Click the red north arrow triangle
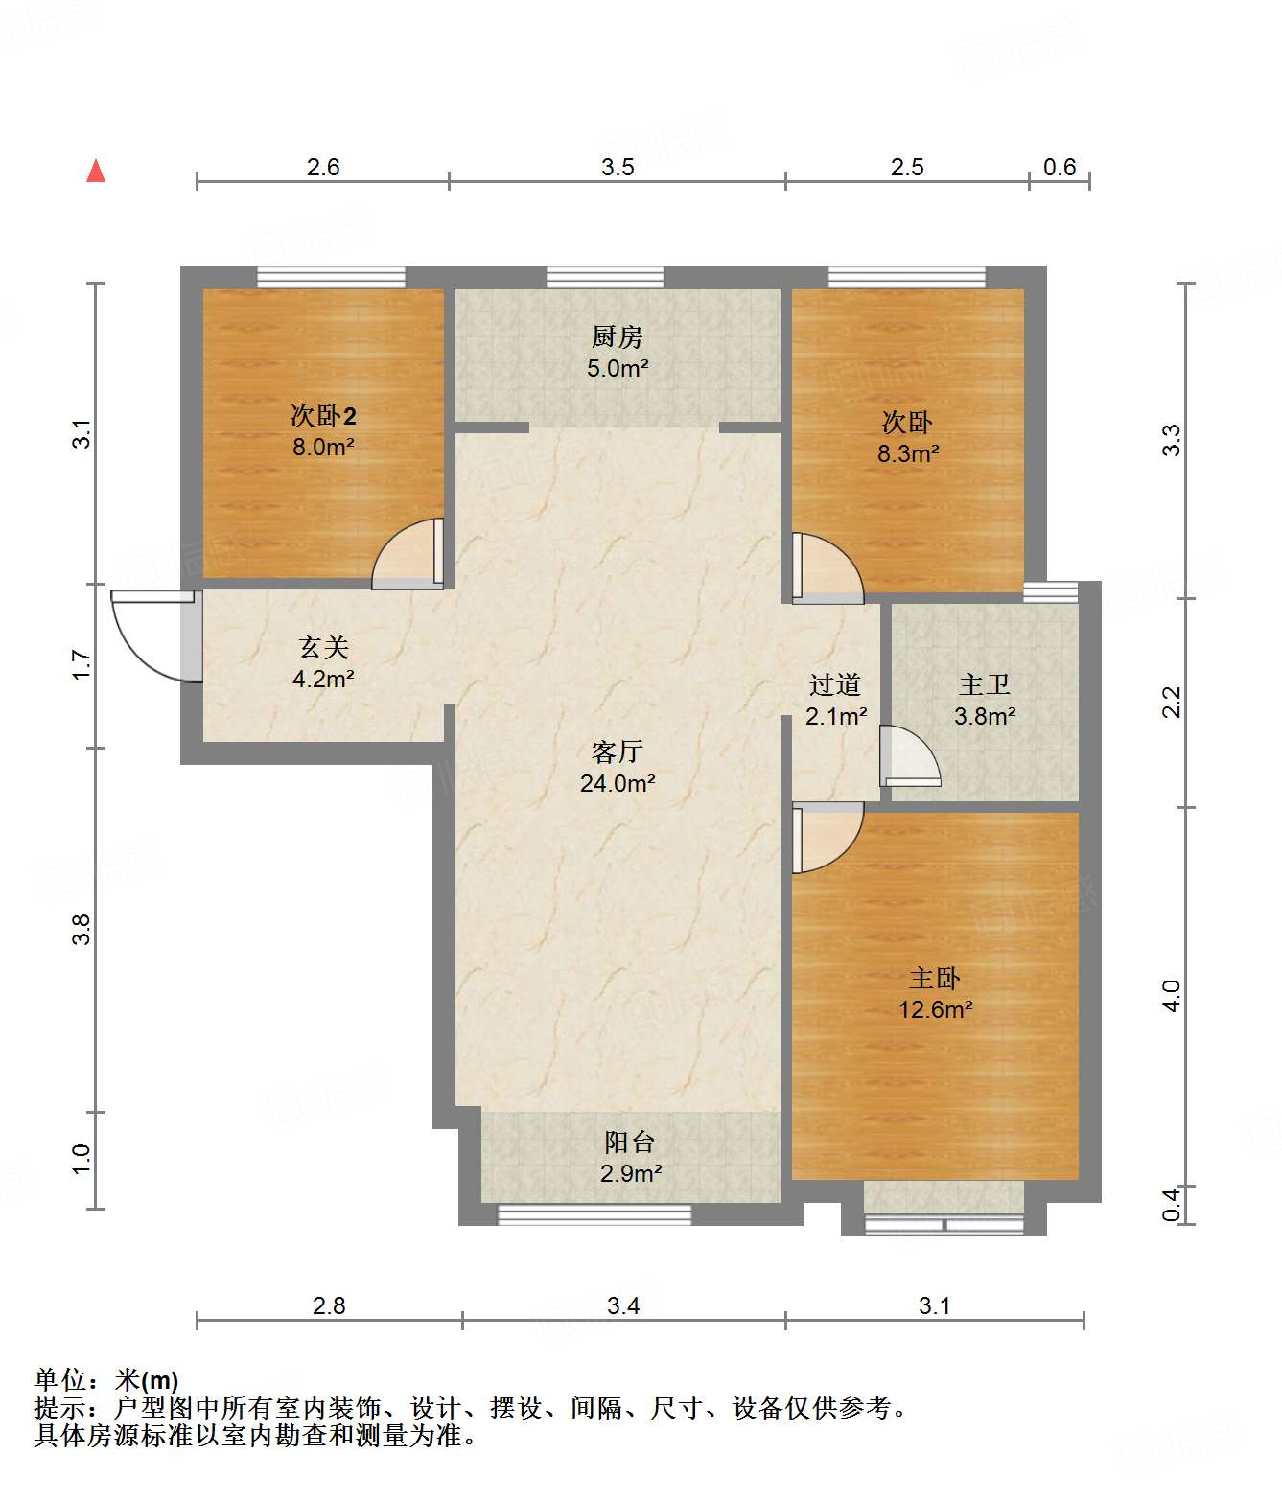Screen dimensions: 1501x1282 point(96,172)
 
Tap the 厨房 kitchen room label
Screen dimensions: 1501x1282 point(617,337)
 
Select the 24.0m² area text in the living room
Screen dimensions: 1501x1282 point(618,784)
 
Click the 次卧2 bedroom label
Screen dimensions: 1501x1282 point(323,416)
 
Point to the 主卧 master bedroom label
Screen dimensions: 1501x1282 point(935,979)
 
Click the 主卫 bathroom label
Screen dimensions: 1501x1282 point(985,685)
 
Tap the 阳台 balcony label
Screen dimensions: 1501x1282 point(630,1143)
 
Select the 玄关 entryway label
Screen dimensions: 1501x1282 point(323,648)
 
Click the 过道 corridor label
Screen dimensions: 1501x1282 point(835,685)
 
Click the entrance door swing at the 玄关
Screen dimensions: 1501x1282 point(153,635)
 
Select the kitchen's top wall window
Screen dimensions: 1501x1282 point(605,277)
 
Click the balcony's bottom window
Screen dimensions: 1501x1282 point(594,1215)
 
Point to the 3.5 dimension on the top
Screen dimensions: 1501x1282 point(618,168)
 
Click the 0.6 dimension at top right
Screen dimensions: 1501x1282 point(1060,168)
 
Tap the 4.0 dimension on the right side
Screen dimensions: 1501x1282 point(1172,996)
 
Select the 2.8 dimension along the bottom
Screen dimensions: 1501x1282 point(329,1306)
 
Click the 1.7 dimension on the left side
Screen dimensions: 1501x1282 point(82,665)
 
